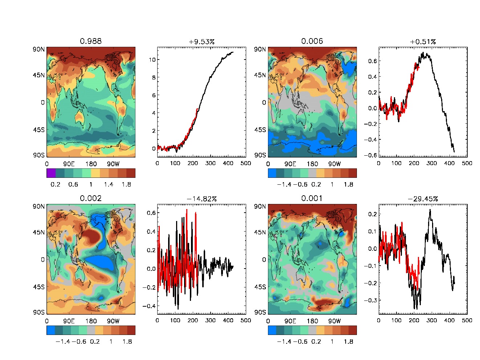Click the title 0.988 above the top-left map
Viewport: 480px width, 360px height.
point(91,41)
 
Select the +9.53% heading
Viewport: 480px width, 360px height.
point(202,42)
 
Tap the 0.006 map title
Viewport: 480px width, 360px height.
point(312,41)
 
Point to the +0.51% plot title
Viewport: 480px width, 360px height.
point(423,42)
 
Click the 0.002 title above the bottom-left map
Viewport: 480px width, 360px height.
point(91,198)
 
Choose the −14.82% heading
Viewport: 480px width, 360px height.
point(202,199)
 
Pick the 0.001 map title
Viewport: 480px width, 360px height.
point(312,198)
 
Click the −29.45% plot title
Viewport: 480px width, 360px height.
point(423,199)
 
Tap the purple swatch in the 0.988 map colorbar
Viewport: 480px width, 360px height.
point(51,173)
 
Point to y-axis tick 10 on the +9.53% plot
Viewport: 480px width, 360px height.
point(152,60)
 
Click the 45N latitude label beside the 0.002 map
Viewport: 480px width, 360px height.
point(38,232)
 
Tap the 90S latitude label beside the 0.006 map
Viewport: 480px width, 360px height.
point(260,155)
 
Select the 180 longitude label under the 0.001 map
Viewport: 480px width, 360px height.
point(312,321)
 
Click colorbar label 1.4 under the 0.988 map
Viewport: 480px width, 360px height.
point(109,184)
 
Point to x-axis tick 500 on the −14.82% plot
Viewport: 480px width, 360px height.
point(246,320)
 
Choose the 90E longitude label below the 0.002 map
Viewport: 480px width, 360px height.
point(69,321)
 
